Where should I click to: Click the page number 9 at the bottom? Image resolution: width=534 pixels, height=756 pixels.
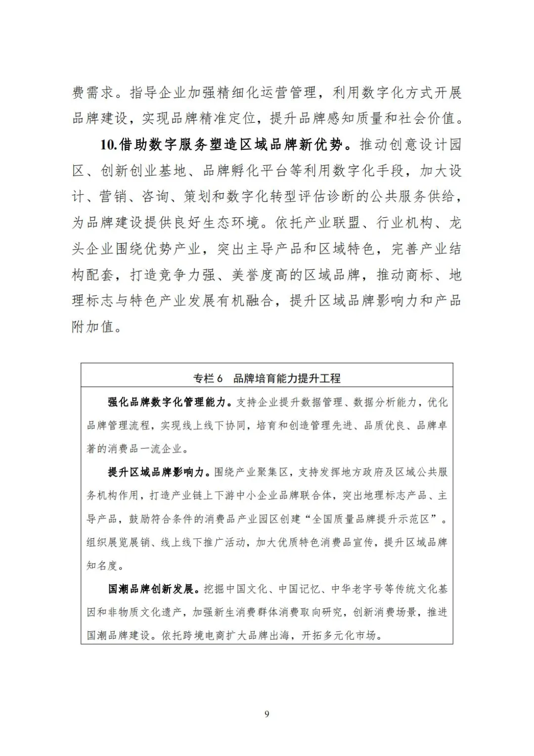[x=267, y=713]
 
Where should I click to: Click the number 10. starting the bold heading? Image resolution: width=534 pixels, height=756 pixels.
[x=108, y=144]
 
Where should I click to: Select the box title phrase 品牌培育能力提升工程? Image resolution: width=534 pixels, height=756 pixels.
[x=287, y=378]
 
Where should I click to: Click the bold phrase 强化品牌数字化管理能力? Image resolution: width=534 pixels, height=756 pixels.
[x=167, y=402]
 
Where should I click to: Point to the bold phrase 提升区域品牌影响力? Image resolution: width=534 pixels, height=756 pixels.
[x=156, y=472]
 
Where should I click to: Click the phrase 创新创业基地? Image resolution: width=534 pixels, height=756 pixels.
[x=143, y=171]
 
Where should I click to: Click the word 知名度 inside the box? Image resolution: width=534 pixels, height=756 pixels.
[x=103, y=565]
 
